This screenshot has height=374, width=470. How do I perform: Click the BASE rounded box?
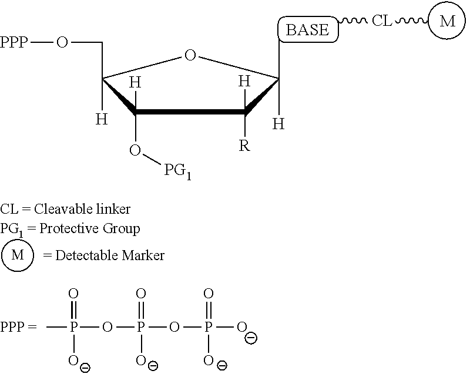click(x=308, y=29)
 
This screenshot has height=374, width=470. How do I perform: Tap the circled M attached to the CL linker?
click(x=447, y=21)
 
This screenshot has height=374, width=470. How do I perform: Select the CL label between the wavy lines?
click(x=382, y=21)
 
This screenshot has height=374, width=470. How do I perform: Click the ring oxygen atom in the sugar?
click(x=190, y=55)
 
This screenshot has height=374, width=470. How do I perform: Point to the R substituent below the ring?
click(x=244, y=146)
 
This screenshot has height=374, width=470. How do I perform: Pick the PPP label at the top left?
click(x=14, y=42)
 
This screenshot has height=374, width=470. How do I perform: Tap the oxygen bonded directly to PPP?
click(x=62, y=42)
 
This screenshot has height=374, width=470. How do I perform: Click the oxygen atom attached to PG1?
click(x=135, y=150)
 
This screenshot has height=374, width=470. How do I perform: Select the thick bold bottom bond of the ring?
click(x=190, y=112)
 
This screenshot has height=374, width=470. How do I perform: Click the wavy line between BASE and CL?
click(x=353, y=21)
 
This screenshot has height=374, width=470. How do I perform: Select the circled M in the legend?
click(x=18, y=255)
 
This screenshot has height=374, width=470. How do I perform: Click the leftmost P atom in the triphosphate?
click(x=73, y=326)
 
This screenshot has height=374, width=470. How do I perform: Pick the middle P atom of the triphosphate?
click(x=140, y=326)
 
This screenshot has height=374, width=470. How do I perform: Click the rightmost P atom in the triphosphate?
click(x=209, y=326)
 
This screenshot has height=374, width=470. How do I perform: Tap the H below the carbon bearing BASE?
click(x=278, y=123)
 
